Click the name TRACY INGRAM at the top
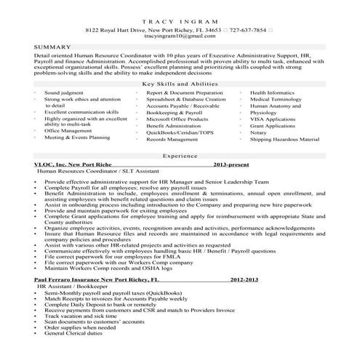(x=180, y=22)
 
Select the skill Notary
(x=260, y=132)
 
